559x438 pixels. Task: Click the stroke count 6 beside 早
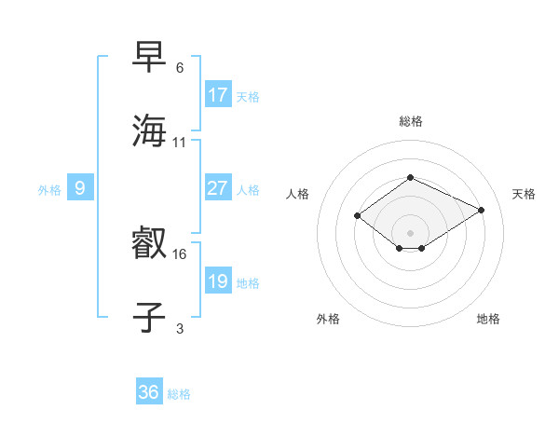tap(180, 68)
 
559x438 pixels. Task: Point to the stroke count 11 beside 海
tap(180, 142)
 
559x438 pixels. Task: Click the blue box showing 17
tap(218, 95)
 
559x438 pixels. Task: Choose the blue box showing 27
tap(218, 188)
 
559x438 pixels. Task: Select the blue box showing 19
tap(218, 281)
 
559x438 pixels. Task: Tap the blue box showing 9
tap(80, 188)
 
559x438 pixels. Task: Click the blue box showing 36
tap(149, 393)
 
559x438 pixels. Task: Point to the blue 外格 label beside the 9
tap(49, 189)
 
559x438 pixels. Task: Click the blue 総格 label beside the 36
tap(179, 394)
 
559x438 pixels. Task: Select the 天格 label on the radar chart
tap(524, 194)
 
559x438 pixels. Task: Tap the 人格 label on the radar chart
tap(298, 194)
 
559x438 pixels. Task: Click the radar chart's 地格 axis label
tap(488, 319)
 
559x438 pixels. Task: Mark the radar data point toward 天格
tap(482, 210)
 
